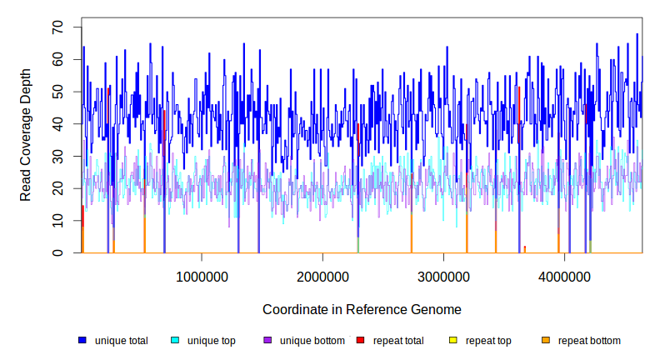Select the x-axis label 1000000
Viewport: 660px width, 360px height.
tap(201, 277)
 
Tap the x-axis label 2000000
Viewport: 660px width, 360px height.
tap(322, 277)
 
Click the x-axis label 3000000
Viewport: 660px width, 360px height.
tap(443, 277)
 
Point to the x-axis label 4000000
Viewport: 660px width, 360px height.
tap(564, 277)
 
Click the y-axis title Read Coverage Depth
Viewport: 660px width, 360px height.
tap(26, 135)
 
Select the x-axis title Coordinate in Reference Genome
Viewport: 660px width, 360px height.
tap(362, 309)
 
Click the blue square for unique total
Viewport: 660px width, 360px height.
tap(82, 341)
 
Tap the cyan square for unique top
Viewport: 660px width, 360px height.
tap(175, 341)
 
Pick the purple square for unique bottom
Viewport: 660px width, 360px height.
tap(267, 341)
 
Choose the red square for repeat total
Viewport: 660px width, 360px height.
tap(360, 341)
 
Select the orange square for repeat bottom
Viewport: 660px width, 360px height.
tap(545, 341)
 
